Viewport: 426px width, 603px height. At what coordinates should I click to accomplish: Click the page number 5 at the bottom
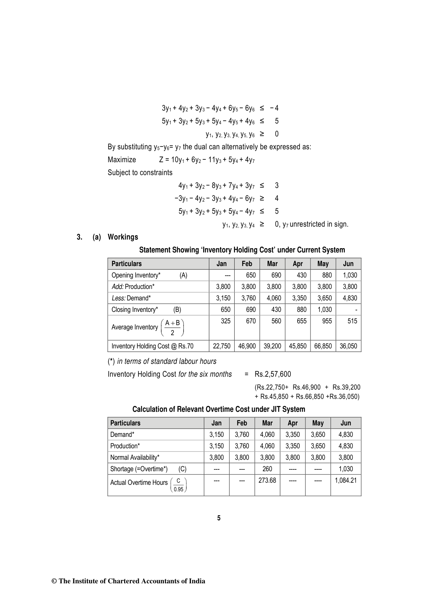(219, 518)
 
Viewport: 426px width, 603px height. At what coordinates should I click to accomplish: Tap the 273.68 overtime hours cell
(267, 481)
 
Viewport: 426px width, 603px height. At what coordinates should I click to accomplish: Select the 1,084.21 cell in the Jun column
(346, 481)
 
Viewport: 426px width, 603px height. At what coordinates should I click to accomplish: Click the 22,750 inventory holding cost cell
(222, 346)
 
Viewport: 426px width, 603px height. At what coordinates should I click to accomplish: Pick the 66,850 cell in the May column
(323, 346)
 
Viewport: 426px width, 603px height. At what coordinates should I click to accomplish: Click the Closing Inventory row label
(135, 310)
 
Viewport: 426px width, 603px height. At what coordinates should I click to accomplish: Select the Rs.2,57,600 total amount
(273, 374)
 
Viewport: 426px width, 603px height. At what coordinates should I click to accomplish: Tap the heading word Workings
(123, 237)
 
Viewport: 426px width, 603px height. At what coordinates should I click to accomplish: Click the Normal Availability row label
(135, 458)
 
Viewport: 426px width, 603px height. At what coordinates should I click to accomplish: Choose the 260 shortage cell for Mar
(267, 469)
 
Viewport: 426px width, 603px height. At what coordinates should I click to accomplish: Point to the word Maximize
(122, 160)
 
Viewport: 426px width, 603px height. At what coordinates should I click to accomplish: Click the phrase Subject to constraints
(140, 173)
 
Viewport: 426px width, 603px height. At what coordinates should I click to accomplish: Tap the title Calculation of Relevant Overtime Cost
(219, 409)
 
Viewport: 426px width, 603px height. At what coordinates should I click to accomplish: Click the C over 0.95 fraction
(178, 485)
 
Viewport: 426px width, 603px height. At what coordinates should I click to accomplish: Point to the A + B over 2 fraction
(172, 328)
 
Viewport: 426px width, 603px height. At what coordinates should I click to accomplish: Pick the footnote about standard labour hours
(162, 361)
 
